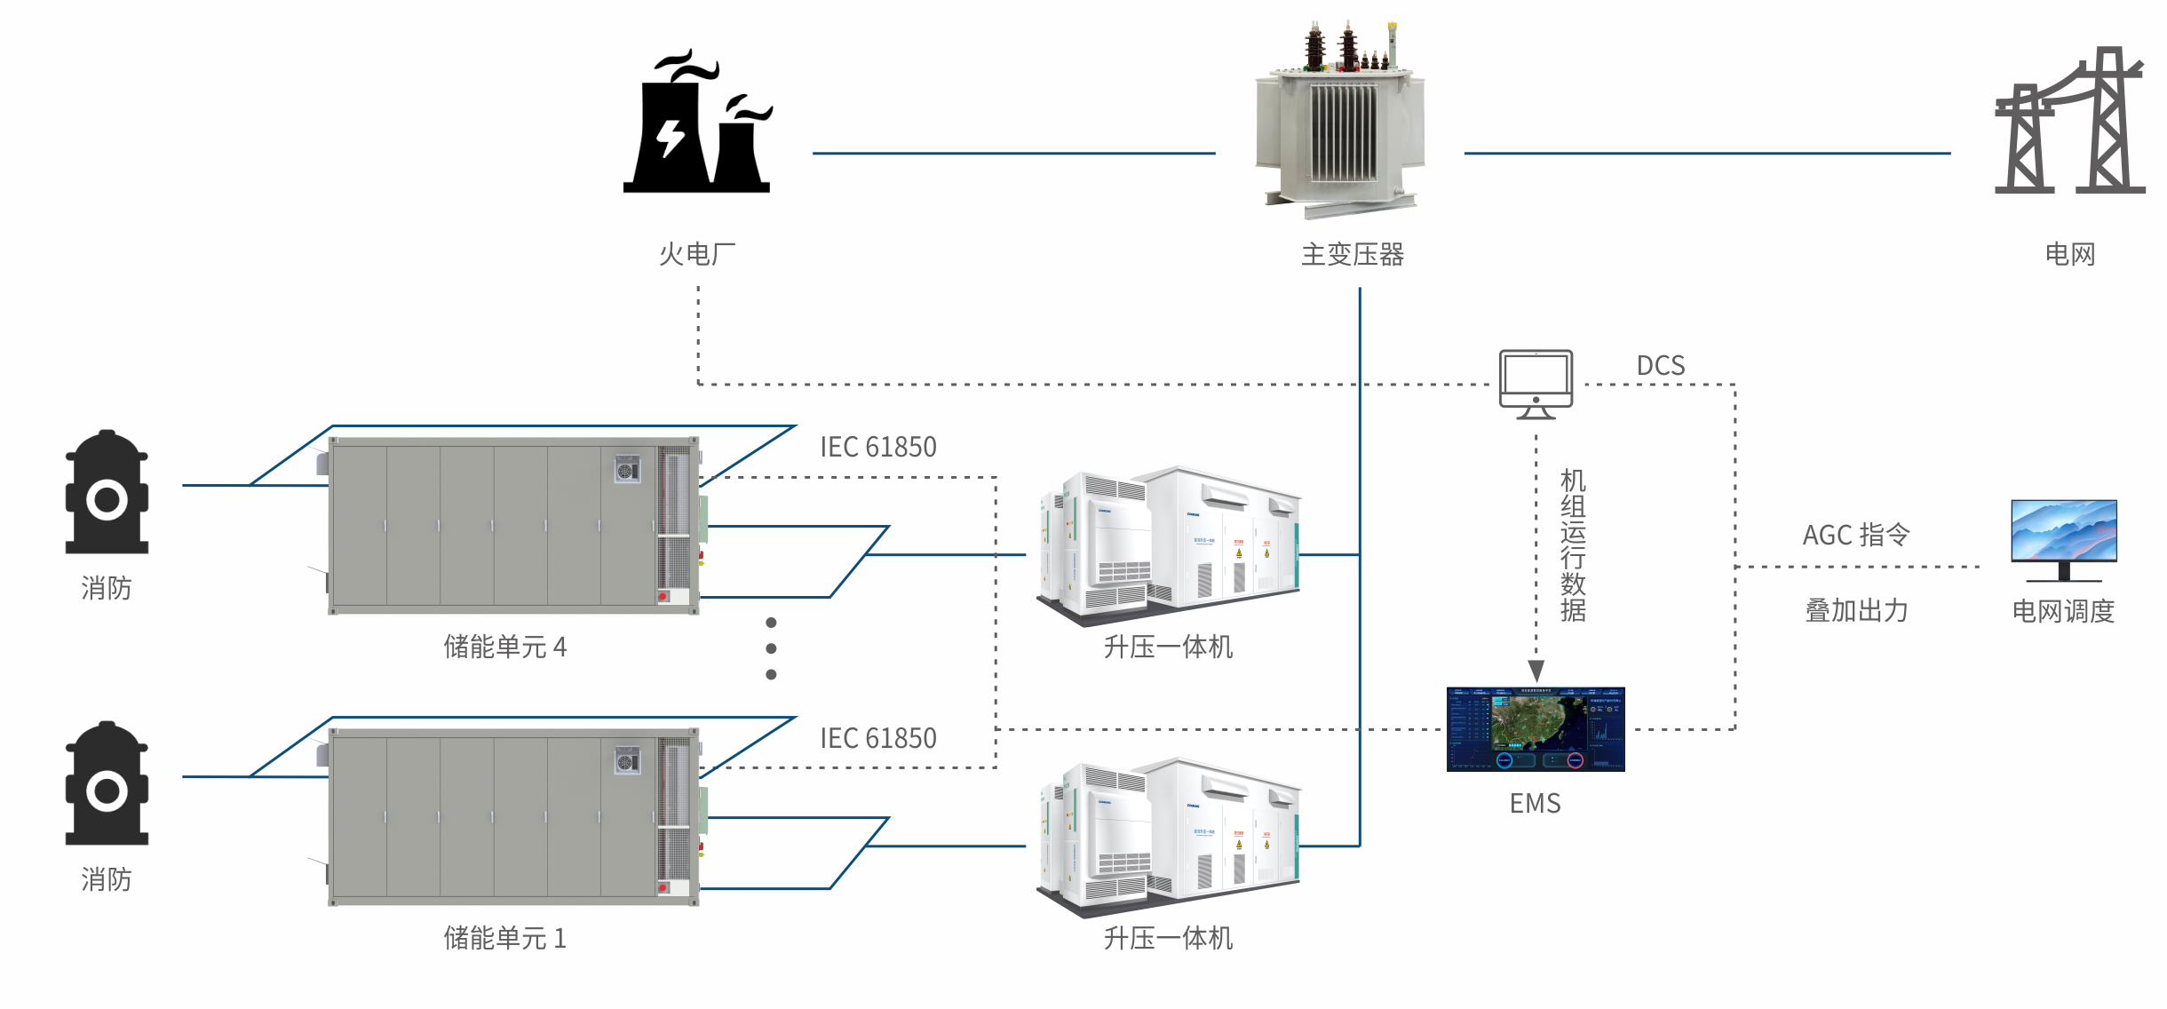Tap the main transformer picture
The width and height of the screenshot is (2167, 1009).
pos(1341,120)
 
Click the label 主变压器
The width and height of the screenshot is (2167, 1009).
pos(1352,255)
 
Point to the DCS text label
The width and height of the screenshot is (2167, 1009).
pos(1660,366)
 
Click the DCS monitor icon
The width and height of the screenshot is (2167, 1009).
pos(1536,383)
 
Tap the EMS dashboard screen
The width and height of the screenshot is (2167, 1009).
pos(1536,728)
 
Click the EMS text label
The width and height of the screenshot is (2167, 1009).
pos(1535,803)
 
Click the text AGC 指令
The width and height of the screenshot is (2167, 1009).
pos(1855,535)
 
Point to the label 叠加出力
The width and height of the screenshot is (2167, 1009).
pos(1856,611)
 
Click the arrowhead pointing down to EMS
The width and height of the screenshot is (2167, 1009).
pos(1536,670)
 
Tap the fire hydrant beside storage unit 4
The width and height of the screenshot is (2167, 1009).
pos(107,492)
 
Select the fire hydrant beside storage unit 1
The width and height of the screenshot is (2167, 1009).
pos(107,783)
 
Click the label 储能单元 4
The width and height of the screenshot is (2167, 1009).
pos(504,647)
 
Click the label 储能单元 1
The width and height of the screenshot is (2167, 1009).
pos(504,938)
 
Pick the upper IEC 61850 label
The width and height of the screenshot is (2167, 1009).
pos(877,447)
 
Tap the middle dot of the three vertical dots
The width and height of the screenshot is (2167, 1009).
pos(771,648)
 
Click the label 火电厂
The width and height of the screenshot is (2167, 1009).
pos(697,255)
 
